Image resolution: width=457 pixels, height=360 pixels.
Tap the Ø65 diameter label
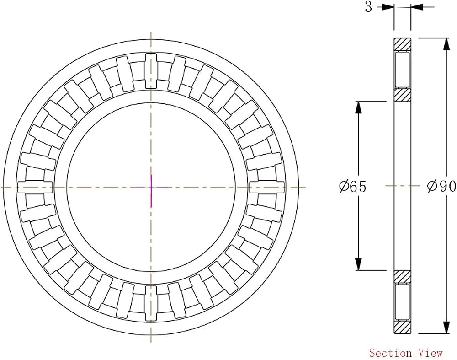point(352,187)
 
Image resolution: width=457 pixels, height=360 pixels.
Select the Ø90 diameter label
point(441,186)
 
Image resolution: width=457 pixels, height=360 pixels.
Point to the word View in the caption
point(431,353)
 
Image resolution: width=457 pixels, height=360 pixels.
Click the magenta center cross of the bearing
point(151,187)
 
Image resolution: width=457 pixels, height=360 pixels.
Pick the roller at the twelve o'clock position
point(151,70)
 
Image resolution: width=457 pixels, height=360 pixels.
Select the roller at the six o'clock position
point(151,303)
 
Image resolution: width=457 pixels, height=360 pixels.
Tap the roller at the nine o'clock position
point(35,187)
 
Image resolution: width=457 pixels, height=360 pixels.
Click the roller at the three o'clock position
point(267,187)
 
